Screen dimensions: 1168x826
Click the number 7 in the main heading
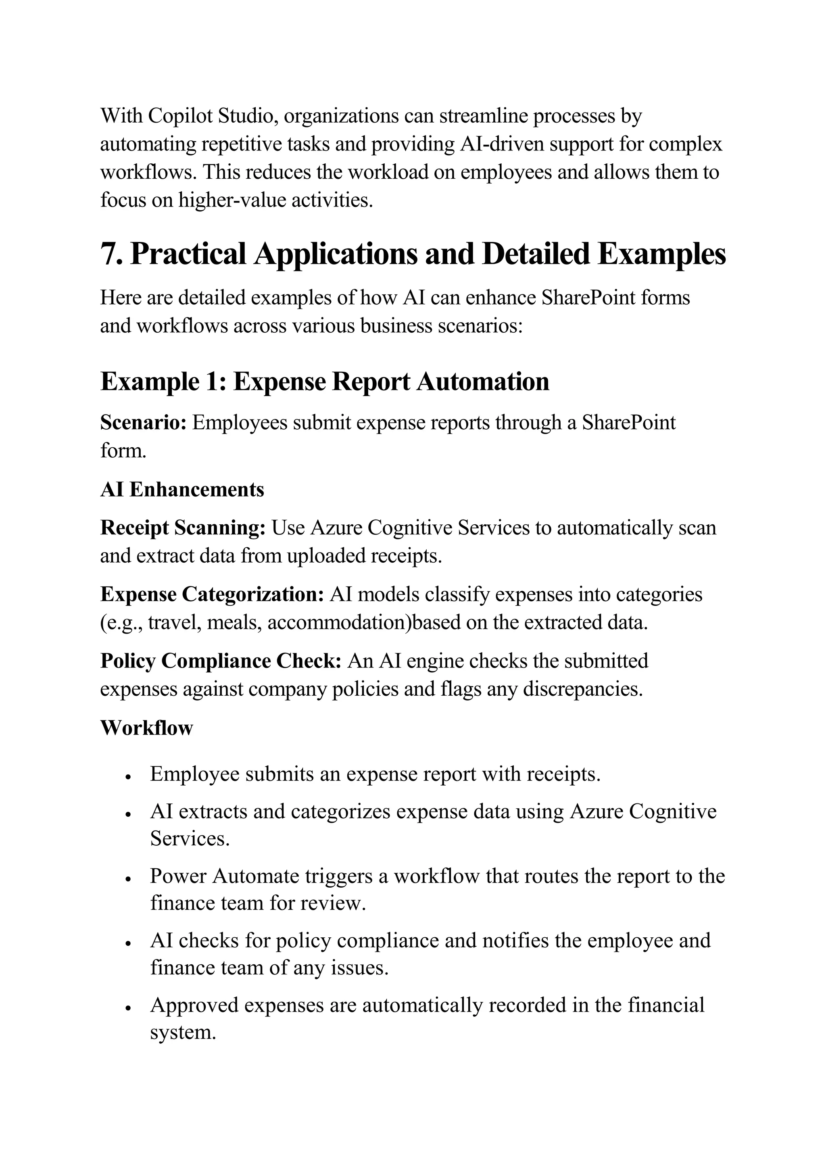pos(109,254)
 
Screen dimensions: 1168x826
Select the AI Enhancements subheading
pos(182,489)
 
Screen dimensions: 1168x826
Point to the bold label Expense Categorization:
pos(212,594)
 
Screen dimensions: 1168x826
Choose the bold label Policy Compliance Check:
pos(221,661)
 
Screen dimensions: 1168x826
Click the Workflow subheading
pos(146,728)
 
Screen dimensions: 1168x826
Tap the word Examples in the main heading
pos(661,254)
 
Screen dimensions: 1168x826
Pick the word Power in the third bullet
pos(178,876)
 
